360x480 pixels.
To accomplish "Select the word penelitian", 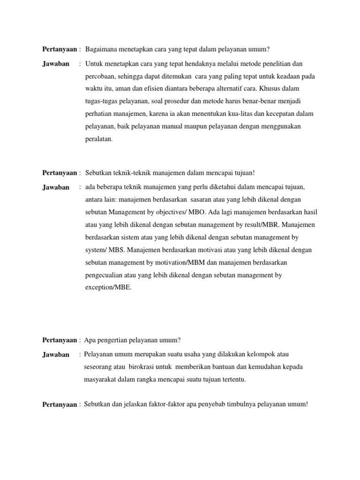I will pos(274,63).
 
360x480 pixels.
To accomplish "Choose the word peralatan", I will pos(98,139).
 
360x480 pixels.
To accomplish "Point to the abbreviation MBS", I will pos(115,250).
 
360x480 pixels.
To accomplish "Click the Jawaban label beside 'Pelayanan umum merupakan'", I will pos(55,355).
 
